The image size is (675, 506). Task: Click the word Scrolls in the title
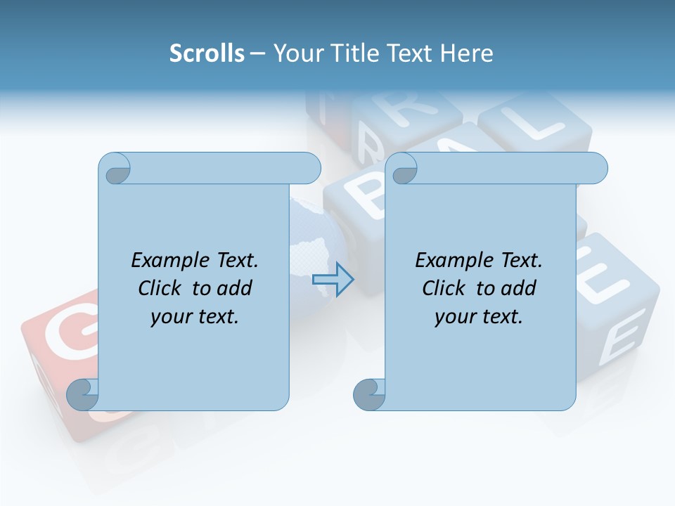point(207,53)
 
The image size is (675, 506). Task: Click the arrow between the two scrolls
point(333,280)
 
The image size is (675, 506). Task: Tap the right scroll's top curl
point(404,169)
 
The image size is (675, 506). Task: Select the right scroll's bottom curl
point(369,394)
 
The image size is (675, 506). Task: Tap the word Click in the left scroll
point(160,288)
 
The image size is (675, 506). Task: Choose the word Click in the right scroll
point(444,288)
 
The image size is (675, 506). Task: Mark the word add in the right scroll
point(518,288)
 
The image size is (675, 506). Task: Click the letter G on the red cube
point(60,330)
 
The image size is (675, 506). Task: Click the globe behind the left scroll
point(316,239)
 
